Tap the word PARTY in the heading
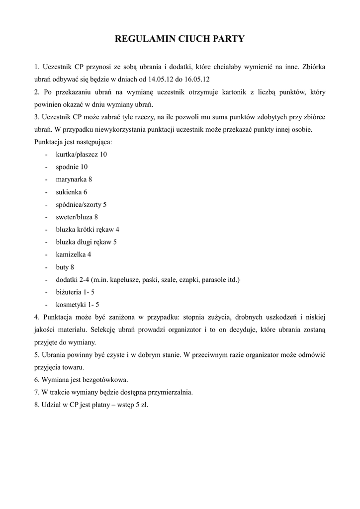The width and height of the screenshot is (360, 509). click(227, 39)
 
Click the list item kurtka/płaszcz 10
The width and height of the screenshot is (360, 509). click(81, 155)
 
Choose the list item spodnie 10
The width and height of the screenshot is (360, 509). click(72, 167)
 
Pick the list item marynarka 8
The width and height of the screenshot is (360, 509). click(74, 179)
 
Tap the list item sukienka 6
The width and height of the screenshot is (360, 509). click(72, 192)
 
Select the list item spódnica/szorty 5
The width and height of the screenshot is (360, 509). click(81, 204)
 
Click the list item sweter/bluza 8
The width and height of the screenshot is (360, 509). click(77, 217)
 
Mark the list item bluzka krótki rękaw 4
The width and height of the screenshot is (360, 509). click(88, 230)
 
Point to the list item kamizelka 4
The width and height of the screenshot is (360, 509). click(74, 254)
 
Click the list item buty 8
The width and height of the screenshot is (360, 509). click(65, 267)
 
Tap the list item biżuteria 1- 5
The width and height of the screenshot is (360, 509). click(75, 292)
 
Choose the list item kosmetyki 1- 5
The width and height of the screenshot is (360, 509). click(77, 305)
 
